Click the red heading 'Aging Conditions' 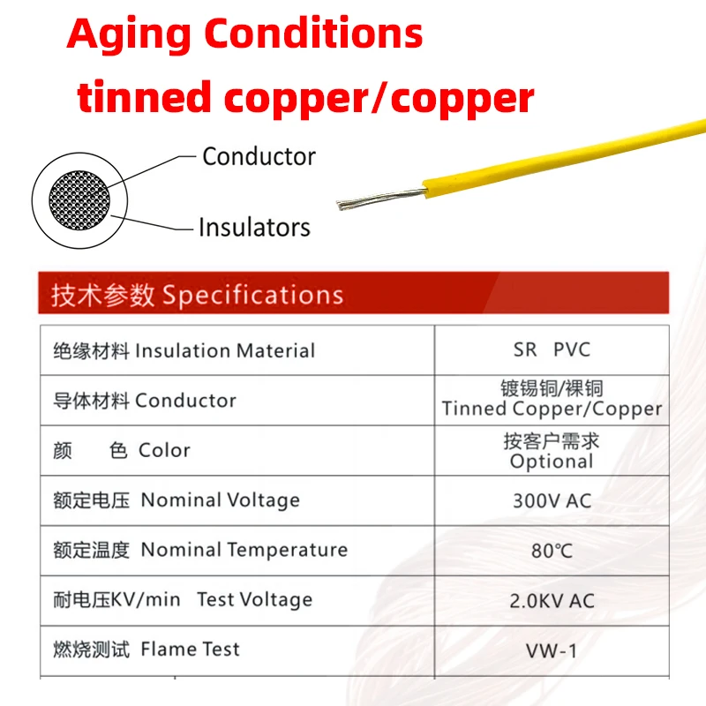[245, 34]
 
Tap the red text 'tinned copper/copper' [305, 97]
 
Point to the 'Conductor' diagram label [259, 156]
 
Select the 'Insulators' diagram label [254, 227]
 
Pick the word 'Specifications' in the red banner [252, 295]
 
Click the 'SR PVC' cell [552, 349]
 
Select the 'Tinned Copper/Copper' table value [552, 409]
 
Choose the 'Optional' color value [552, 462]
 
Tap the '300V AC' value [552, 500]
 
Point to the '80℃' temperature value [552, 551]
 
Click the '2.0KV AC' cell [552, 601]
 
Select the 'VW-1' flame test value [552, 651]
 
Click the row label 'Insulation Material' [224, 350]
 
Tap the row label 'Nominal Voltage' [221, 500]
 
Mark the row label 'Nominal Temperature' [244, 550]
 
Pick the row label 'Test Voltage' [254, 600]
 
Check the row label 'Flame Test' [191, 650]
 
